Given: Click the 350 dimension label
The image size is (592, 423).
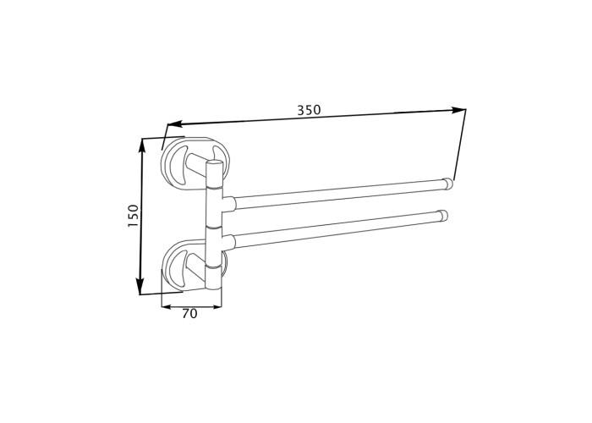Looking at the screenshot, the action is tap(309, 110).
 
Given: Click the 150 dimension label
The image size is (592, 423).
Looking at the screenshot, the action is tap(134, 216).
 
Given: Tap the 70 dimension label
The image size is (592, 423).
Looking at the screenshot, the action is tap(189, 314).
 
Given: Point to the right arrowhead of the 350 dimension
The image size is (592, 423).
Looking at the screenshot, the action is tap(458, 110).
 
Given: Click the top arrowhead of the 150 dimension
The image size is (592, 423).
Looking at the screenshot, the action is tap(142, 146).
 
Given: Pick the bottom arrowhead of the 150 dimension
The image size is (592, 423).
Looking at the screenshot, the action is tap(140, 287).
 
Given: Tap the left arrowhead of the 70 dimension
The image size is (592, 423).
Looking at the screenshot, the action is tap(166, 306).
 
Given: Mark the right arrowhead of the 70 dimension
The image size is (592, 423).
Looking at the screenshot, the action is tap(217, 306).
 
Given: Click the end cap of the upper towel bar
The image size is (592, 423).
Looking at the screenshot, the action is tap(447, 184).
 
